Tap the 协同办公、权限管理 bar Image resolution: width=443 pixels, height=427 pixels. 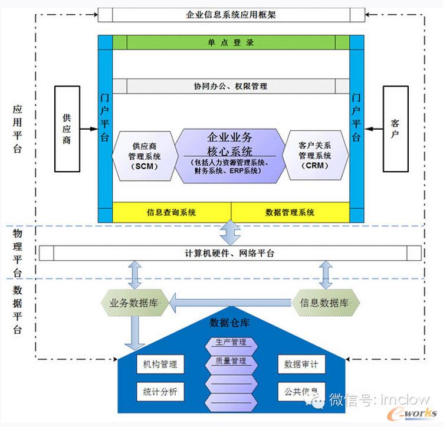pos(231,86)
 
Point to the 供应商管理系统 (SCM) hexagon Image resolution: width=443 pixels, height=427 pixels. pos(144,156)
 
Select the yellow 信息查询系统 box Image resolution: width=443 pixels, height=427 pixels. pos(171,212)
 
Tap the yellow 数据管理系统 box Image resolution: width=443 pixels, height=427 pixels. pos(290,212)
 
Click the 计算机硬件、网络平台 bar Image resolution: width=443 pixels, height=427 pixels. pos(231,254)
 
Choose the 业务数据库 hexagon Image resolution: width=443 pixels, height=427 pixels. pos(136,303)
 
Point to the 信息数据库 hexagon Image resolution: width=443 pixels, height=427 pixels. pos(326,303)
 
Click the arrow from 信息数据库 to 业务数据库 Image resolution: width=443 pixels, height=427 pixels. pos(231,303)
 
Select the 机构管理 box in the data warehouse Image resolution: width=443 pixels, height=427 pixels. pos(156,364)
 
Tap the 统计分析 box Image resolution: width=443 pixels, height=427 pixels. pos(156,392)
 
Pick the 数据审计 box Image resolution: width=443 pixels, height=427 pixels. pos(301,364)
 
